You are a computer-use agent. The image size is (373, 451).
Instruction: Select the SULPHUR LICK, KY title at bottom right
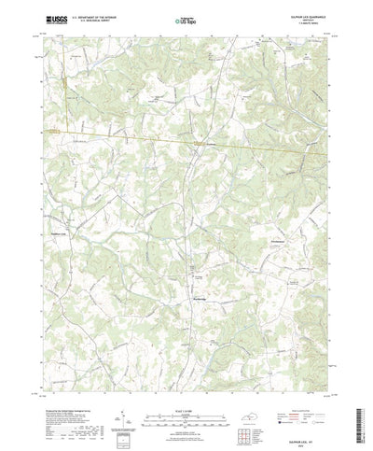(315, 426)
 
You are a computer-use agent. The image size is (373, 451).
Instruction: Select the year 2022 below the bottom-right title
(315, 431)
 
